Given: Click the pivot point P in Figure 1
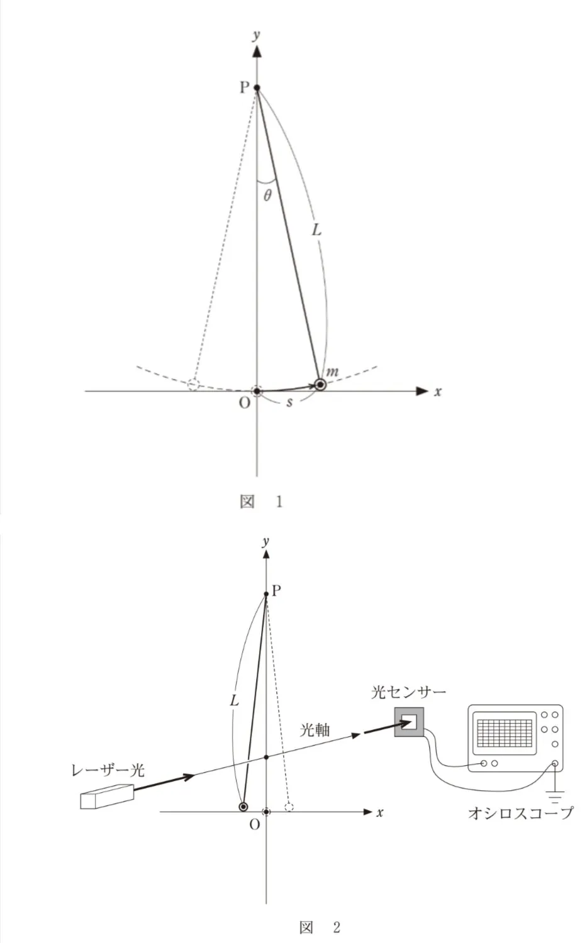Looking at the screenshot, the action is pos(257,87).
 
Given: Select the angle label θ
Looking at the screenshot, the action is pos(267,196).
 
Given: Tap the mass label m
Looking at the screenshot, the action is pos(332,372).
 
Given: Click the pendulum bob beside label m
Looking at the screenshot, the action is pos(321,384).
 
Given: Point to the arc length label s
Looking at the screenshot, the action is pos(289,402).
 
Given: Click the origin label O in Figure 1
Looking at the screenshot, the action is pos(244,404).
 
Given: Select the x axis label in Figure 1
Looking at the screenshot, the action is pos(438,392).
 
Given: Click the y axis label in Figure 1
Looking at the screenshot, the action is pos(256,35).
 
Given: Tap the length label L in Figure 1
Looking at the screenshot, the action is pos(316,229).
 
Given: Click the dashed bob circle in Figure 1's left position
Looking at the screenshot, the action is pos(193,384).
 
